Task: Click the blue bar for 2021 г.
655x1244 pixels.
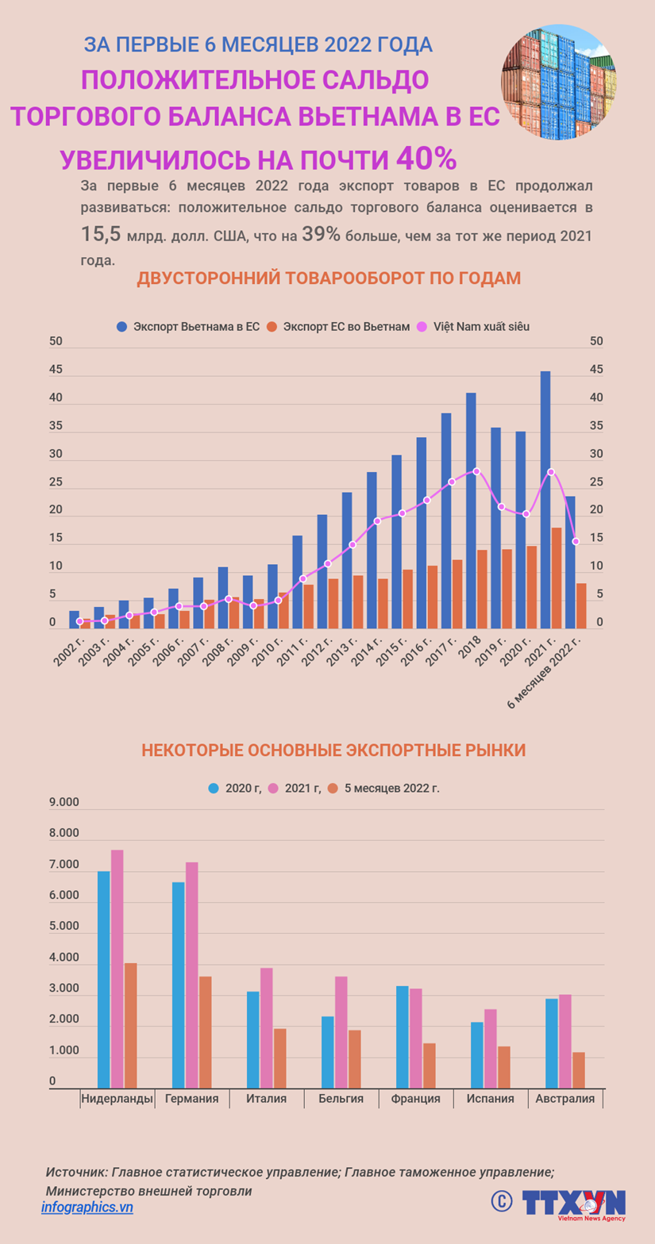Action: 545,500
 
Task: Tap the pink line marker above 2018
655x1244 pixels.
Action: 476,471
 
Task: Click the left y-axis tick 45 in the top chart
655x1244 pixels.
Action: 56,370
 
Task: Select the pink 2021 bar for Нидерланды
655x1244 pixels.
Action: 118,969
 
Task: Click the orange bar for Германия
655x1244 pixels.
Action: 206,1032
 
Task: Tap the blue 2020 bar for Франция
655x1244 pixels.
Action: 403,1037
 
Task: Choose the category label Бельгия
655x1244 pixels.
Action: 341,1099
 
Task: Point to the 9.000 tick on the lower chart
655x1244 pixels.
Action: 64,802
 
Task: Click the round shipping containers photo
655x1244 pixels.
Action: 559,83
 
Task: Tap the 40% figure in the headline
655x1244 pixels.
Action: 426,158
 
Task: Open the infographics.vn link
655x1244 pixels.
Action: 87,1207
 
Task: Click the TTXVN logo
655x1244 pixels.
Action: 573,1203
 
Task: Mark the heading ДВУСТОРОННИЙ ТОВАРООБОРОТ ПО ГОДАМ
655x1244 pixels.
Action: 329,278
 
